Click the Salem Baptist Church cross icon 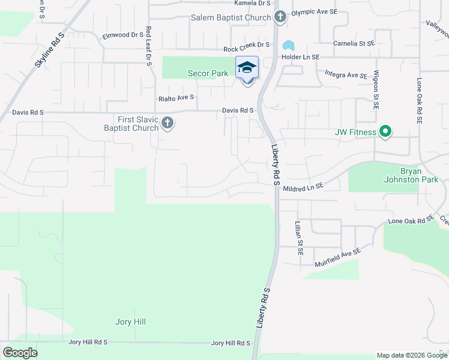279,17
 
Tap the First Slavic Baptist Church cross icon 167,124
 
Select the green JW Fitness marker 385,131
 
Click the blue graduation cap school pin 247,68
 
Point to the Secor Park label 207,74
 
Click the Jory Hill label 130,322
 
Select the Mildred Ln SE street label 303,187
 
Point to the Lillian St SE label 298,238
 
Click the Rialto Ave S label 176,97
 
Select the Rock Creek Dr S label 246,45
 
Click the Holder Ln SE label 301,56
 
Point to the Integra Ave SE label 345,75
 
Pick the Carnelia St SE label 354,44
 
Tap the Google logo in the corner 20,352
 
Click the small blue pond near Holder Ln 289,46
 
